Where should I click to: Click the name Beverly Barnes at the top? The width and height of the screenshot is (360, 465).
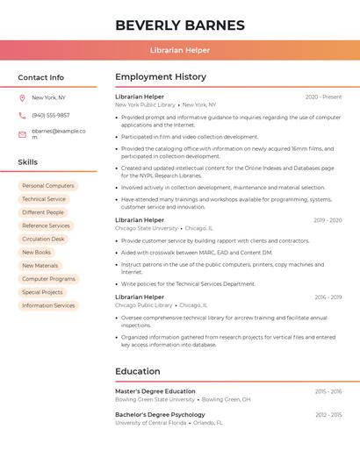click(180, 25)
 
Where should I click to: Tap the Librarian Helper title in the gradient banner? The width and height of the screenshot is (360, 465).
click(180, 50)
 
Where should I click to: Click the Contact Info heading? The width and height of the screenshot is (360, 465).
click(40, 77)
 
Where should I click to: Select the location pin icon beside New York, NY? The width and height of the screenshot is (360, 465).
click(22, 98)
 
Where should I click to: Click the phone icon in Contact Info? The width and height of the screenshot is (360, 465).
click(22, 115)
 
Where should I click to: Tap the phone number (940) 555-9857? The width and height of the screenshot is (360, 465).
click(51, 115)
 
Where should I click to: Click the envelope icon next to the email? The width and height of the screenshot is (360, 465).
click(22, 134)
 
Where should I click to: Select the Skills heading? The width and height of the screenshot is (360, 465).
click(28, 162)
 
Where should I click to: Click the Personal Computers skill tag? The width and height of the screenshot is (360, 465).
click(48, 186)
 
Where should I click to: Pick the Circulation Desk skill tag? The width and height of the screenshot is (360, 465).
click(43, 239)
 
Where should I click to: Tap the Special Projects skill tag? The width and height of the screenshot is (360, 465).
click(42, 292)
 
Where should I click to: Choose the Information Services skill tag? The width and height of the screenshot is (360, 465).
click(48, 305)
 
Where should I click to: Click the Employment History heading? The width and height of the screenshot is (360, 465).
click(161, 77)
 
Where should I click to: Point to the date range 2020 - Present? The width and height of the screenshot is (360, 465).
click(323, 97)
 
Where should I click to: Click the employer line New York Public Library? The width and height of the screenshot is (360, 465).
click(146, 105)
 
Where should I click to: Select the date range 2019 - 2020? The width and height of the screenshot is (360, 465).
click(328, 220)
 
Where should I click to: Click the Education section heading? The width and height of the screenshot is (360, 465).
click(138, 371)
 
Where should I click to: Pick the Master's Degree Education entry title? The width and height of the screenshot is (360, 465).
click(155, 391)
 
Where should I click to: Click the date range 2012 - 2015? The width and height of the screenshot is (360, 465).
click(328, 415)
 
